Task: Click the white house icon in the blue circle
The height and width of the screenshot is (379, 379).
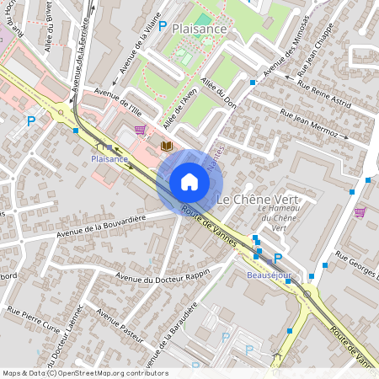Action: point(189,182)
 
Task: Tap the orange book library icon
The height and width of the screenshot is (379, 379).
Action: point(166,147)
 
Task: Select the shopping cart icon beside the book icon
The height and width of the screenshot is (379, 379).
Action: point(140,130)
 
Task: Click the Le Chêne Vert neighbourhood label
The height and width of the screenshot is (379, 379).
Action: point(259,200)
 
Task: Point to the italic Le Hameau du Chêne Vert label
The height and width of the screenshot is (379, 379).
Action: point(280,218)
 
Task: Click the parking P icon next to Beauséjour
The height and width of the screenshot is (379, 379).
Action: point(278,259)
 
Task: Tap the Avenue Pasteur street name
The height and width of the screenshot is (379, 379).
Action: point(119,326)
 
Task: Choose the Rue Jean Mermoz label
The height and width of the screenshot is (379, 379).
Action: point(310,125)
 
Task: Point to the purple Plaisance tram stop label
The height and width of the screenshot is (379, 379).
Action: point(109,158)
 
